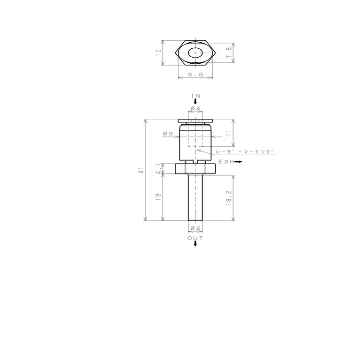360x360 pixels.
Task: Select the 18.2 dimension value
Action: click(229, 198)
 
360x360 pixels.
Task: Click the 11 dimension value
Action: click(229, 133)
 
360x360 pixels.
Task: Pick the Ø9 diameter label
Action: click(168, 133)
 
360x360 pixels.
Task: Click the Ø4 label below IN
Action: click(195, 108)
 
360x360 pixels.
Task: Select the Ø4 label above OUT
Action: click(195, 228)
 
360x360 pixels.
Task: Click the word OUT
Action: click(195, 238)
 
